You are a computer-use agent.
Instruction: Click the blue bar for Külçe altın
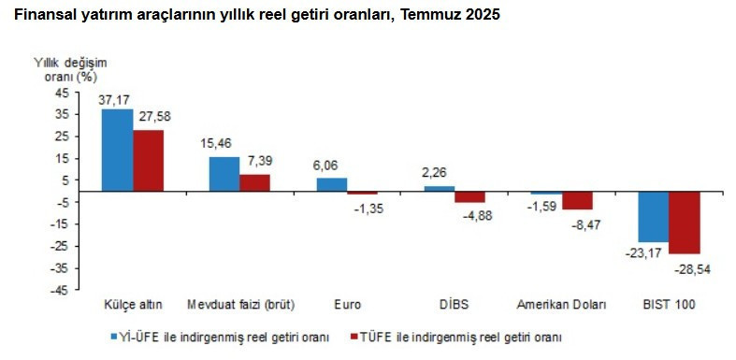[117, 150]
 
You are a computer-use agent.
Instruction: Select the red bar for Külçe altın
[148, 160]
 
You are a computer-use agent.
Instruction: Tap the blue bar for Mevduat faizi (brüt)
[224, 174]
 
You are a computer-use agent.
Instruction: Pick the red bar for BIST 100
[685, 222]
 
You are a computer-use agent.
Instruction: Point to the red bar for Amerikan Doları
[577, 200]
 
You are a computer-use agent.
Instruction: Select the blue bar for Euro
[331, 184]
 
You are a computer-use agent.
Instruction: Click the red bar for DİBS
[470, 196]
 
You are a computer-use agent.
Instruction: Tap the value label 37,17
[117, 100]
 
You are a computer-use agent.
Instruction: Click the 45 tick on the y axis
[61, 93]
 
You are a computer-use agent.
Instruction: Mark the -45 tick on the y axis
[59, 290]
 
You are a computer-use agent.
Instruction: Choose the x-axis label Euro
[346, 305]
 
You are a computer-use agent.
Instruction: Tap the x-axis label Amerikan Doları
[561, 305]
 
